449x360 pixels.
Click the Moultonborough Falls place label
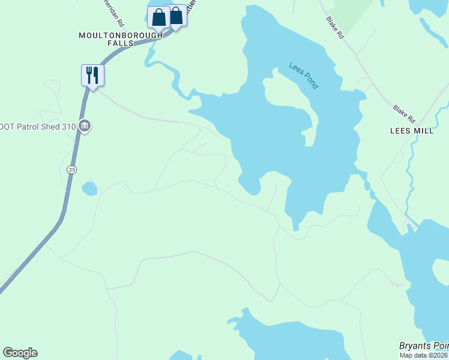(121, 39)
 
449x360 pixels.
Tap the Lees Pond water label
(303, 76)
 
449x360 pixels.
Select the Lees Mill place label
(412, 130)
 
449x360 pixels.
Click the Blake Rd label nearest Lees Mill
(404, 112)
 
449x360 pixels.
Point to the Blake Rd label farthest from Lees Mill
(335, 28)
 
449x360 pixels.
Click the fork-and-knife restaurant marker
(92, 76)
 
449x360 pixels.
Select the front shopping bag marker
(158, 17)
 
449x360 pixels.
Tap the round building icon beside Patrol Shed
(85, 126)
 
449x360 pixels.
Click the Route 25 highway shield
(72, 170)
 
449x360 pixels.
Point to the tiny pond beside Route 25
(89, 189)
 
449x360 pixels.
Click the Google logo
(20, 353)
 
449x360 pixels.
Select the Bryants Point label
(424, 346)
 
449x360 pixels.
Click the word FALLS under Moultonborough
(121, 43)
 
